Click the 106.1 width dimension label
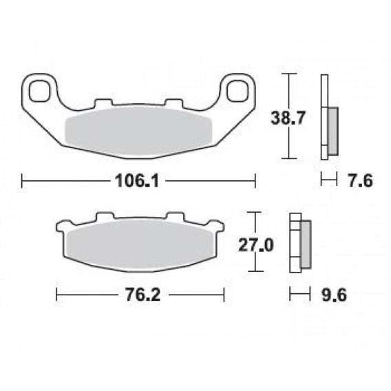137,181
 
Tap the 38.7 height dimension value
288,118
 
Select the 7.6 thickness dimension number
361,181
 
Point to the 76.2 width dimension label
143,295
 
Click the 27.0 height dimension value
256,245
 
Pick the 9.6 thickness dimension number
334,295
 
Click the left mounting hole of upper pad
39,91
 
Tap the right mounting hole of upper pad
237,91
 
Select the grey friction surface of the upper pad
138,131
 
